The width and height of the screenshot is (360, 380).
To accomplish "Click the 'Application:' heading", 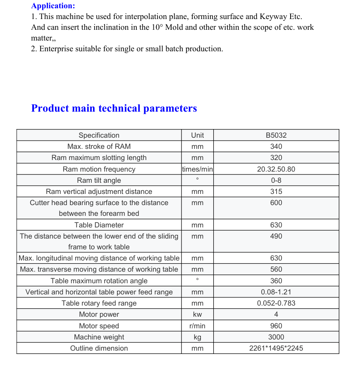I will tap(53, 6).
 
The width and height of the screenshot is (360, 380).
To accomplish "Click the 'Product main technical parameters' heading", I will tap(114, 108).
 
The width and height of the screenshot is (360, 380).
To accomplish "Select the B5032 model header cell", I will tap(276, 135).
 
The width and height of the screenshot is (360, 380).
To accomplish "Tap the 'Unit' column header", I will tap(198, 135).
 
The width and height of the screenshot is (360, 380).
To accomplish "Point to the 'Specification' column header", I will tap(99, 135).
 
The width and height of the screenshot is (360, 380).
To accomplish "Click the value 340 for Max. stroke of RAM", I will tap(276, 146).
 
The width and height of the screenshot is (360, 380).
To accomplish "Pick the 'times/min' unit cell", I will tap(198, 169).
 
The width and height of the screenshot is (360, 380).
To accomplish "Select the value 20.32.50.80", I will tap(276, 169).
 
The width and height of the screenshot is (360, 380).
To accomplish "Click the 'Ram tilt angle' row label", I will tap(99, 180).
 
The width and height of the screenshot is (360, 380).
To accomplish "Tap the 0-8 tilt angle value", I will tap(276, 180).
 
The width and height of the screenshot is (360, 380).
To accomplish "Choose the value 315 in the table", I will tap(276, 191).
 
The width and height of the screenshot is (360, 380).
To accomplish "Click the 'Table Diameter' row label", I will tap(99, 225).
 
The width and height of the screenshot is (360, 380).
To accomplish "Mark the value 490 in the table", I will tap(276, 236).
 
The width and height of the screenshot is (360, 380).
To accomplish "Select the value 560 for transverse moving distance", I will tap(276, 269).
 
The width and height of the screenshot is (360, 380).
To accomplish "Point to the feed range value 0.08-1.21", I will tap(276, 292).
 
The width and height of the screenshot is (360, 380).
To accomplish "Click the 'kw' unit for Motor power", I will tap(198, 314).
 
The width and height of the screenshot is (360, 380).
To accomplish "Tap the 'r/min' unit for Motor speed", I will tap(198, 326).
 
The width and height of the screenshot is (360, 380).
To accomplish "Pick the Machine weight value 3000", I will tap(276, 337).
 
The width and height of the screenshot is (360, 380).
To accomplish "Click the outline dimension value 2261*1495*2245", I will tap(276, 348).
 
